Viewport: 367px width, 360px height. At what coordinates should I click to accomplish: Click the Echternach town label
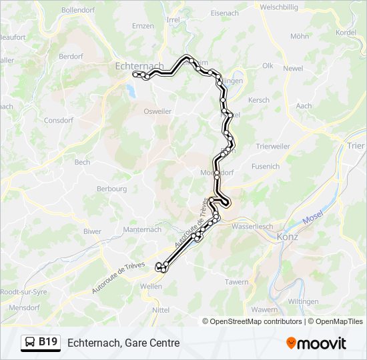pyautogui.click(x=139, y=66)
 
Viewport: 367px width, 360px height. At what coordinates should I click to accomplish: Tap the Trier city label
pyautogui.click(x=356, y=145)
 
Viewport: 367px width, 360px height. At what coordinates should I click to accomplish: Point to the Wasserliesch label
pyautogui.click(x=252, y=226)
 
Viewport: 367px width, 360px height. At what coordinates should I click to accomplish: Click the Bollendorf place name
pyautogui.click(x=79, y=10)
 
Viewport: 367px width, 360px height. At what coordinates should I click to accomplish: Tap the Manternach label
pyautogui.click(x=142, y=229)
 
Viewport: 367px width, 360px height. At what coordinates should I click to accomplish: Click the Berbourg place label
pyautogui.click(x=111, y=189)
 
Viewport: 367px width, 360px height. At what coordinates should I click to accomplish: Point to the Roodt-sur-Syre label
pyautogui.click(x=22, y=291)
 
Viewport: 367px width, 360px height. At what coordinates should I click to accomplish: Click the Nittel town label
pyautogui.click(x=161, y=310)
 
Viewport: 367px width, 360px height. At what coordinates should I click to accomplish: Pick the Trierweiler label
pyautogui.click(x=273, y=146)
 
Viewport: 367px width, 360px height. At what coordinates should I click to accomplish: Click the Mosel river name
pyautogui.click(x=312, y=218)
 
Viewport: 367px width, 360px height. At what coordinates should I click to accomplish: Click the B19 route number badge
pyautogui.click(x=47, y=342)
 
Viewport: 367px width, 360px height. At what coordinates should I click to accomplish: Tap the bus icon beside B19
pyautogui.click(x=31, y=343)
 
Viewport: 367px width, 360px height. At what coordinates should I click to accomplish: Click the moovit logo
pyautogui.click(x=316, y=343)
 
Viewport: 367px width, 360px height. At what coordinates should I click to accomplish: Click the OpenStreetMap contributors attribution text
pyautogui.click(x=256, y=321)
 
